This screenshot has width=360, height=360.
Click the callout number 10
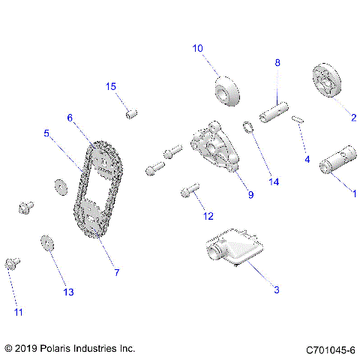point(197,49)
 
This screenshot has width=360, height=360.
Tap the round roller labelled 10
point(227,91)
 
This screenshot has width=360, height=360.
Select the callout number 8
point(277,63)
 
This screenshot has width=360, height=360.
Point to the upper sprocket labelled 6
point(103,160)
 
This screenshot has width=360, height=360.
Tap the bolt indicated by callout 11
point(12,263)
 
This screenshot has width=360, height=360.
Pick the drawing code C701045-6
point(330,349)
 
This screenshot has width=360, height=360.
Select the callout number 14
point(274,182)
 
